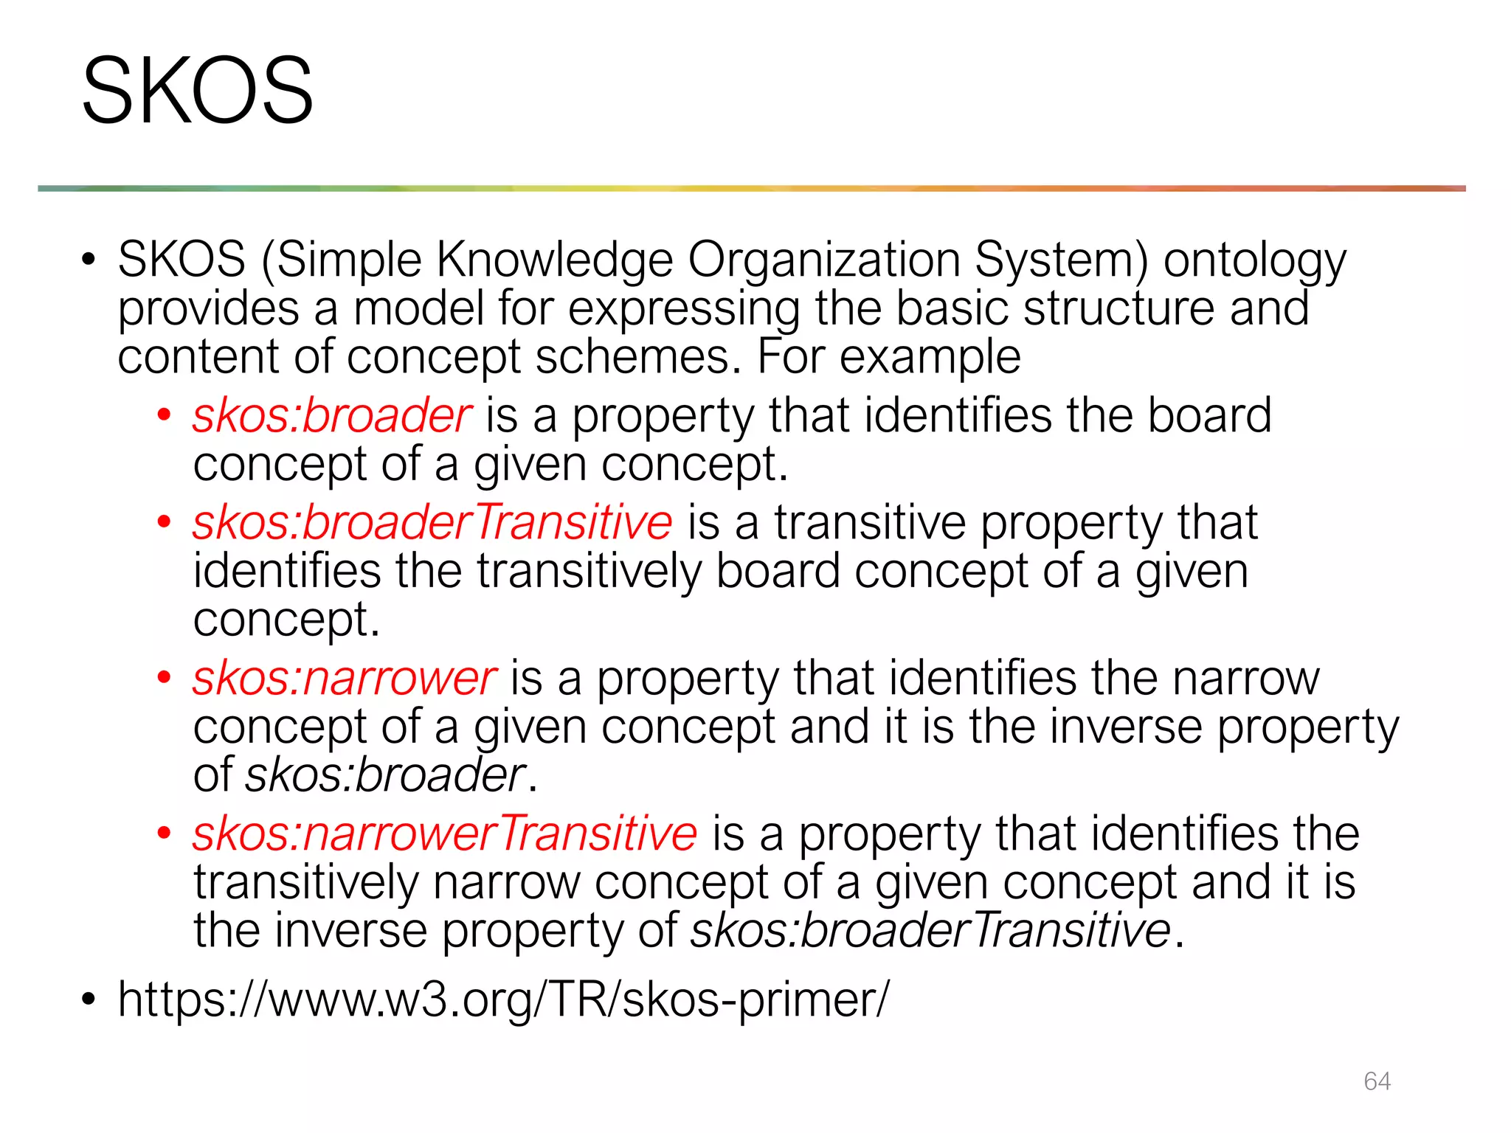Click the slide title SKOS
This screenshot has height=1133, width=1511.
(197, 91)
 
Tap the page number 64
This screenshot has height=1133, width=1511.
(1377, 1081)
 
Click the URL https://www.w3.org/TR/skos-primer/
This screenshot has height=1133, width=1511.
(504, 999)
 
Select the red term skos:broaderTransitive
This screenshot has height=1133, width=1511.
(432, 522)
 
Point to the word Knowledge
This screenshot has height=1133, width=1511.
(554, 260)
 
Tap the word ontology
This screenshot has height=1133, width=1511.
(1254, 262)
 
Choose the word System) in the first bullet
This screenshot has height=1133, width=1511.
(1061, 262)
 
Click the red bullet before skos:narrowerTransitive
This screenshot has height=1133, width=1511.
(164, 834)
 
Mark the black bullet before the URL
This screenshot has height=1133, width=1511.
(89, 999)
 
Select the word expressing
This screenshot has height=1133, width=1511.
(684, 310)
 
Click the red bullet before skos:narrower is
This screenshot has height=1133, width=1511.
(164, 678)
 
